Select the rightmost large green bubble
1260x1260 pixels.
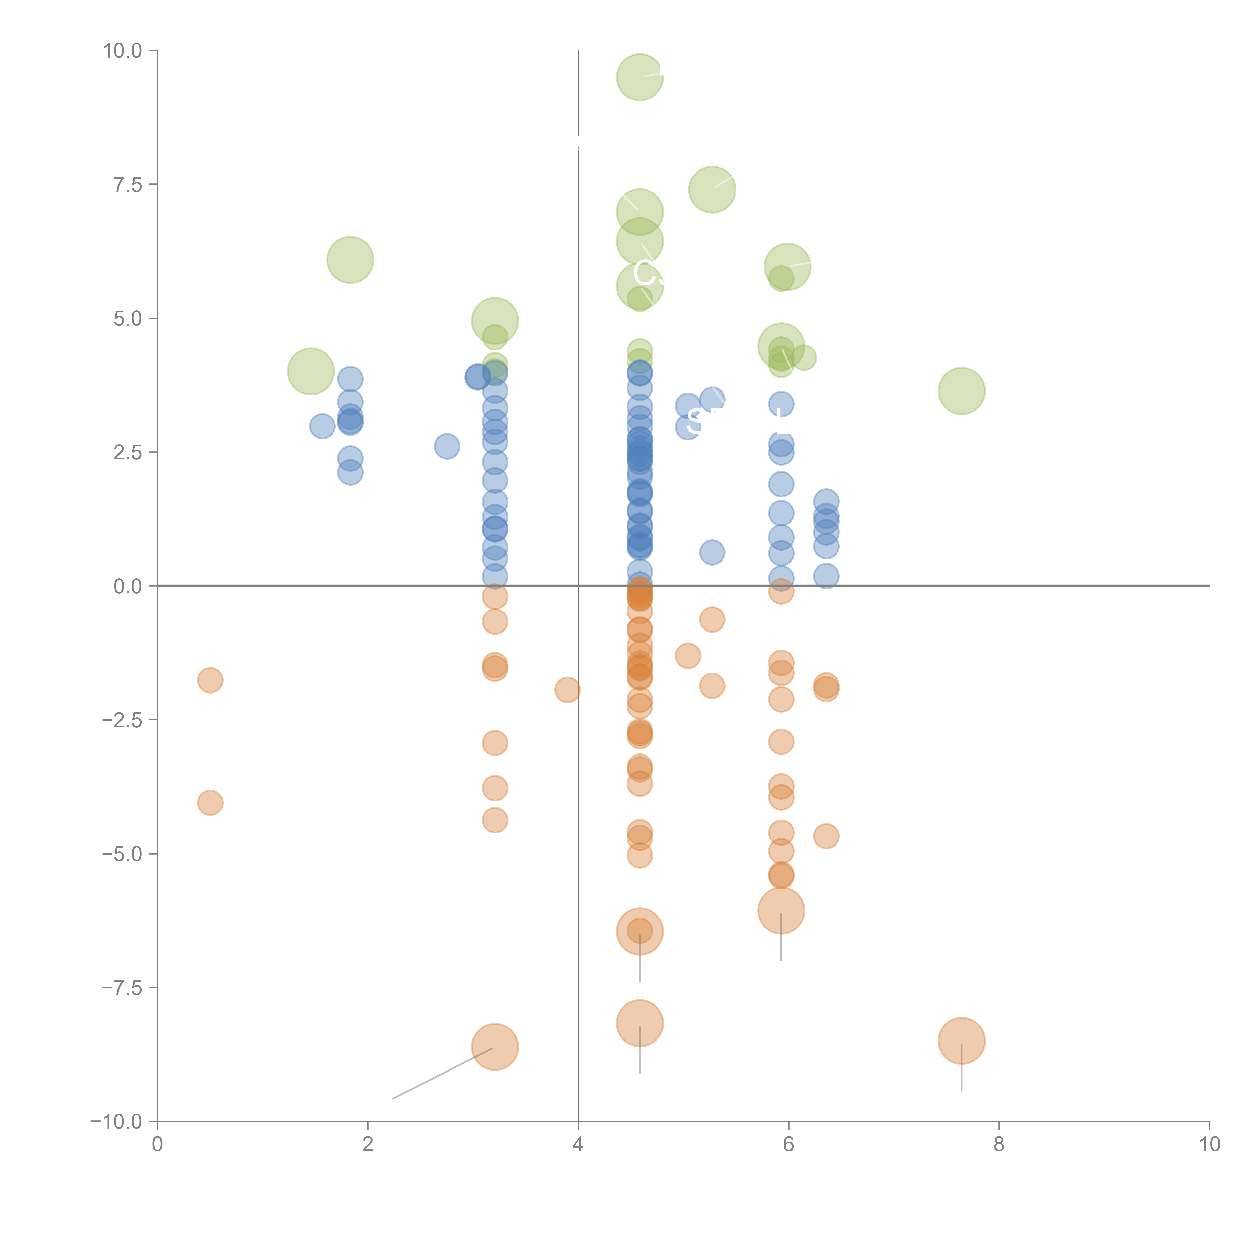[961, 391]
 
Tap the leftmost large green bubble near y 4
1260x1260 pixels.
[310, 371]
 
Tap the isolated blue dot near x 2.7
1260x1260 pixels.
[447, 446]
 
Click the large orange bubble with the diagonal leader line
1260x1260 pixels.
[495, 1047]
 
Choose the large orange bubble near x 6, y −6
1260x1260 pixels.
[781, 910]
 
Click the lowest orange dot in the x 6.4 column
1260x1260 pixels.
[826, 836]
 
